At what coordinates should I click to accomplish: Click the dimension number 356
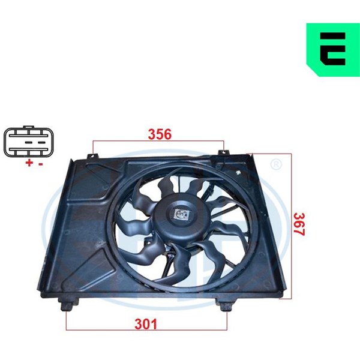click(160, 134)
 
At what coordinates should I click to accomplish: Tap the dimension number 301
click(146, 324)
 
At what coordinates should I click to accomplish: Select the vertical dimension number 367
click(299, 224)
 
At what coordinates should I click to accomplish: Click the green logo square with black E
click(333, 50)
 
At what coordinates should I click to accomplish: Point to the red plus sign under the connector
click(29, 163)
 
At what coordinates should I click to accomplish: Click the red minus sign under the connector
click(41, 164)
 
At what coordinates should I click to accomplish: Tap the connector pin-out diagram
click(28, 142)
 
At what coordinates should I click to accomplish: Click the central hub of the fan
click(181, 216)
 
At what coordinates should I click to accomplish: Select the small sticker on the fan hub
click(182, 214)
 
